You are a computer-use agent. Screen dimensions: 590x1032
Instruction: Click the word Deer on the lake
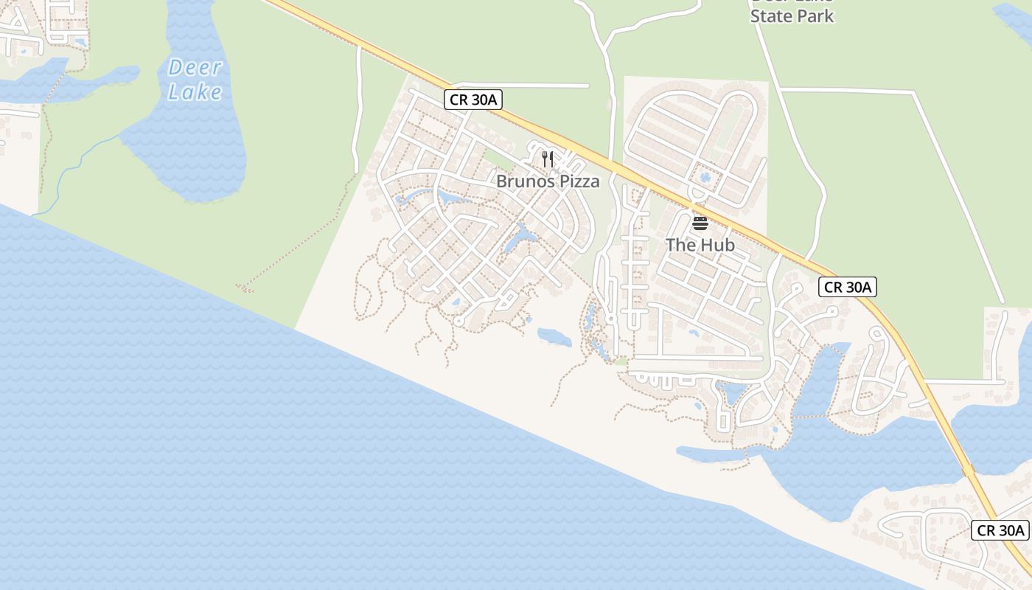[195, 68]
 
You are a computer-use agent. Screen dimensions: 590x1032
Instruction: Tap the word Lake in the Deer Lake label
[195, 92]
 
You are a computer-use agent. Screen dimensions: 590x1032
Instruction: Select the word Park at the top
[815, 15]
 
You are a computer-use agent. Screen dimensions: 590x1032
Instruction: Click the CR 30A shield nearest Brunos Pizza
[473, 100]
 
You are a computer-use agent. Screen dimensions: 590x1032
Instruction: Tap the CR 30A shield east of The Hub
[847, 287]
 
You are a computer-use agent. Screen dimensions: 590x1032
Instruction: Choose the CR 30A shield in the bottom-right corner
[1000, 530]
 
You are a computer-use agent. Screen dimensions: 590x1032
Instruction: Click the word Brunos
[523, 181]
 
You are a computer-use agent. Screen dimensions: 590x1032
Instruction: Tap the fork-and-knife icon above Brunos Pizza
[547, 158]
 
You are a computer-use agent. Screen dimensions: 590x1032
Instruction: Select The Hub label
[700, 245]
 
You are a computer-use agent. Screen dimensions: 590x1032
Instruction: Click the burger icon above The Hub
[700, 223]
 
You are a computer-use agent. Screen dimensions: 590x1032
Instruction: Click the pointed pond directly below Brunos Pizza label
[523, 236]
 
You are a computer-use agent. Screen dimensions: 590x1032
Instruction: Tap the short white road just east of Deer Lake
[359, 111]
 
